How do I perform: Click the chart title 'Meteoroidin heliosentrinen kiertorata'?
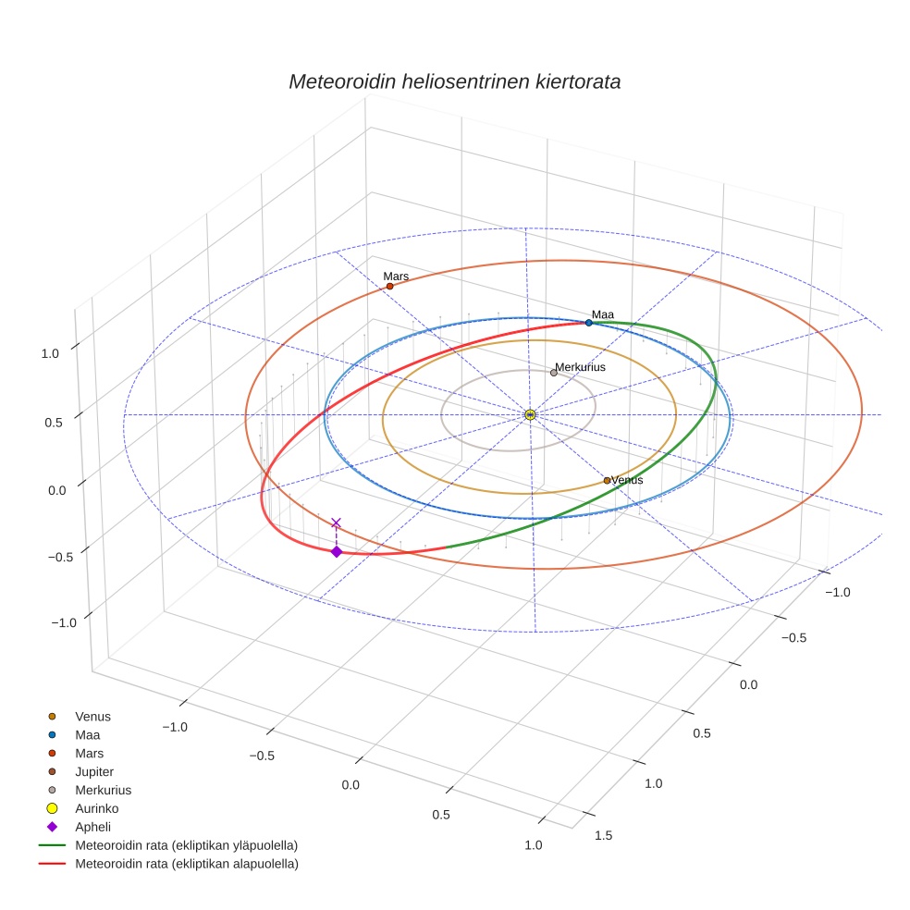(x=454, y=81)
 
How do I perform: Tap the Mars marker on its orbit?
(x=389, y=286)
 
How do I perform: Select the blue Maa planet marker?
(x=588, y=323)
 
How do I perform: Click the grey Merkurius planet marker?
(x=553, y=373)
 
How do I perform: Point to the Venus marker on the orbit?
(x=607, y=480)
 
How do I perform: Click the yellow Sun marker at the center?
(x=530, y=414)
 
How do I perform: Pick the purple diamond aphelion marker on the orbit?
(x=336, y=552)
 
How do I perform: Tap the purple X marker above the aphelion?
(x=336, y=523)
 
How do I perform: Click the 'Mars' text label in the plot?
(x=396, y=277)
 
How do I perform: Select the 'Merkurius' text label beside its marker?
(x=580, y=367)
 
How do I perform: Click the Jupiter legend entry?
(x=94, y=771)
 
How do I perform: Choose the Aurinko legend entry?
(x=96, y=808)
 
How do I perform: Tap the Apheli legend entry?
(x=92, y=827)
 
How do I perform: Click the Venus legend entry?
(x=92, y=716)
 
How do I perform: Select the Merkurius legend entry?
(x=103, y=790)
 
